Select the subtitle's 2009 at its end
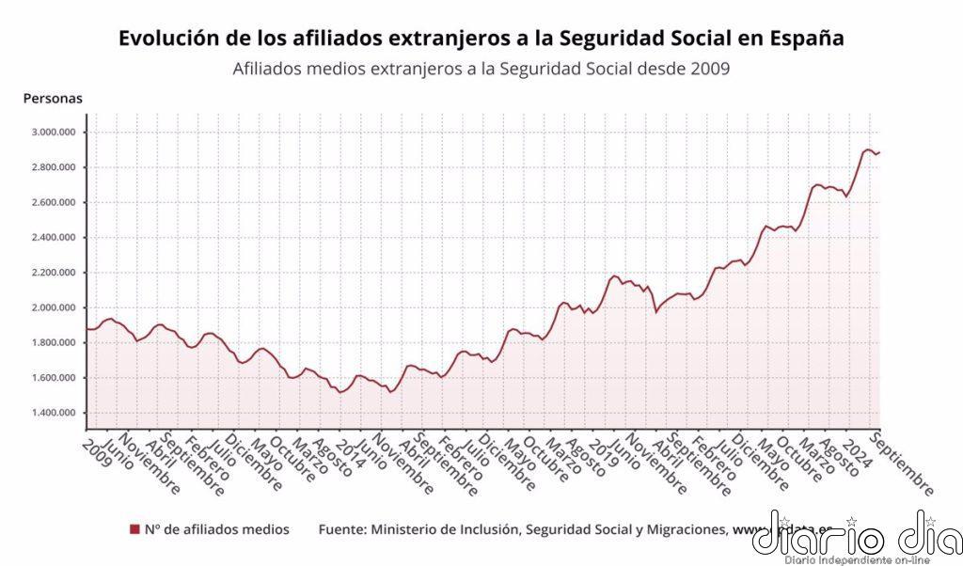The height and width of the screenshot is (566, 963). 710,69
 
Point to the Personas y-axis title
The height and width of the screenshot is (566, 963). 53,98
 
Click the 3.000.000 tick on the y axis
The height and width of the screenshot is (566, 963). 53,133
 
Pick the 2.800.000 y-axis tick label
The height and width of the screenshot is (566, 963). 53,167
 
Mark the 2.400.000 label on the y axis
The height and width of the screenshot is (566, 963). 53,238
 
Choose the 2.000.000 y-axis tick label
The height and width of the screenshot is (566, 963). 53,307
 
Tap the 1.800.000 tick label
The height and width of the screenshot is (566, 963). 53,343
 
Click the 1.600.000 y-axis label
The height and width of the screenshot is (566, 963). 53,378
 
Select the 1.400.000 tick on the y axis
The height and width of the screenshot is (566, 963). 53,414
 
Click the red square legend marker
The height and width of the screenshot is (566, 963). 134,530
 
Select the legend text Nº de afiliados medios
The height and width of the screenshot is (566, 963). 216,530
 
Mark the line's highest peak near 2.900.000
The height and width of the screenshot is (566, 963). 867,149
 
